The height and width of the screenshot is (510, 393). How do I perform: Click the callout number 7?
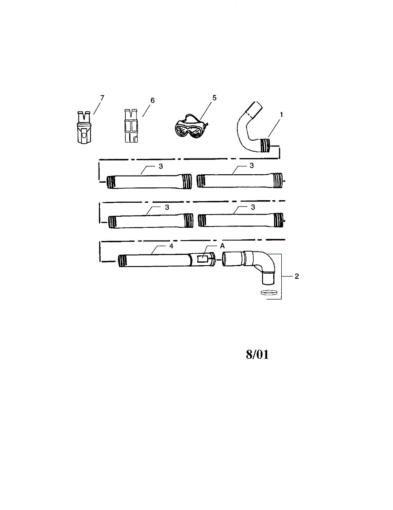click(102, 98)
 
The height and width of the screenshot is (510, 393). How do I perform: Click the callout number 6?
click(153, 100)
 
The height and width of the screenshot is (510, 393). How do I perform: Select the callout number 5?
click(214, 98)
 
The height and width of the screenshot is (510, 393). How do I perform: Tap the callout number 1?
click(281, 115)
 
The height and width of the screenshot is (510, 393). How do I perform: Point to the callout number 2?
click(297, 276)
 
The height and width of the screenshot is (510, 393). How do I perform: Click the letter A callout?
click(221, 246)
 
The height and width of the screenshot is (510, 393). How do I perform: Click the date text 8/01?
click(257, 355)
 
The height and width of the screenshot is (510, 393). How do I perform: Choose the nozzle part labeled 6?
click(131, 127)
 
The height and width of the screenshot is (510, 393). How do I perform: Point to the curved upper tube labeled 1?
click(248, 127)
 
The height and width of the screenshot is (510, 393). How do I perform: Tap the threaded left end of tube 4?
click(122, 260)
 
